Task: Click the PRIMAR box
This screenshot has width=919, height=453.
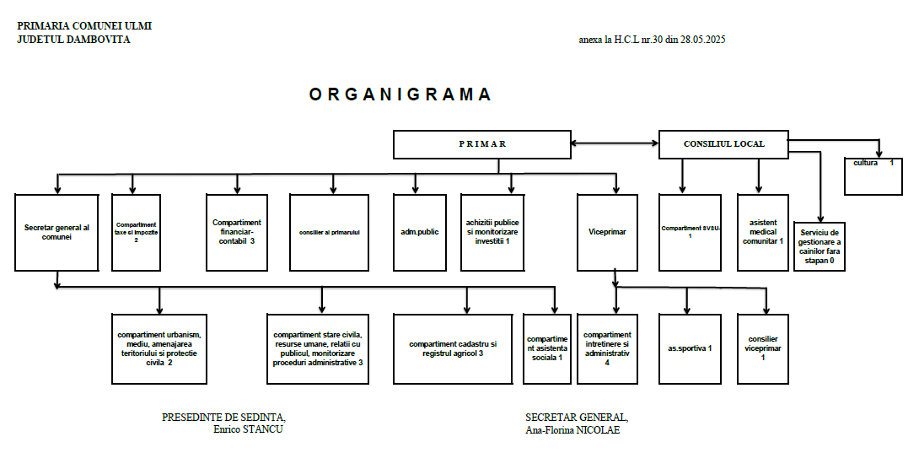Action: coord(482,144)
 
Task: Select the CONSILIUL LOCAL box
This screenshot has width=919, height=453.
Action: coord(723,144)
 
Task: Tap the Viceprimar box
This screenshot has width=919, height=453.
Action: coord(612,231)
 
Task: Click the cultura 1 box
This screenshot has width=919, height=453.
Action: coord(879,173)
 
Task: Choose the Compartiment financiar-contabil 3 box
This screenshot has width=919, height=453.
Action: coord(239,232)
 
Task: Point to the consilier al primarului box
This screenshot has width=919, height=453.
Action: coord(330,232)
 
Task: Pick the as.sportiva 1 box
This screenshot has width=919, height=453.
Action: coord(690,348)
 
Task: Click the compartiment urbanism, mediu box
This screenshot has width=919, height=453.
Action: coord(159,348)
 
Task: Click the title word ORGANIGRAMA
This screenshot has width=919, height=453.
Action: coord(400,94)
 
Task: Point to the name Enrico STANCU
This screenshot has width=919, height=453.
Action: coord(249,429)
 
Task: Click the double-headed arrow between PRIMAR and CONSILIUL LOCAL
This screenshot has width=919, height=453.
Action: coord(615,144)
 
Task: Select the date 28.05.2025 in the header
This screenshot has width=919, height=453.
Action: coord(696,40)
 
